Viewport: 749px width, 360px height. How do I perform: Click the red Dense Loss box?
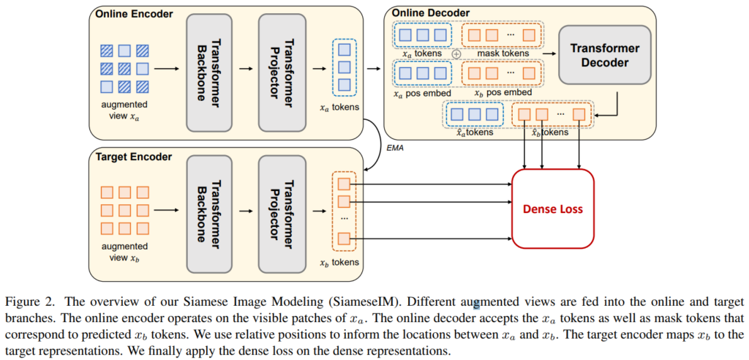click(x=552, y=210)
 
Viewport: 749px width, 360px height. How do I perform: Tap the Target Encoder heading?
click(x=131, y=156)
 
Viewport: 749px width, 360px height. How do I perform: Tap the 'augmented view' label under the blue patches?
click(x=123, y=107)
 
